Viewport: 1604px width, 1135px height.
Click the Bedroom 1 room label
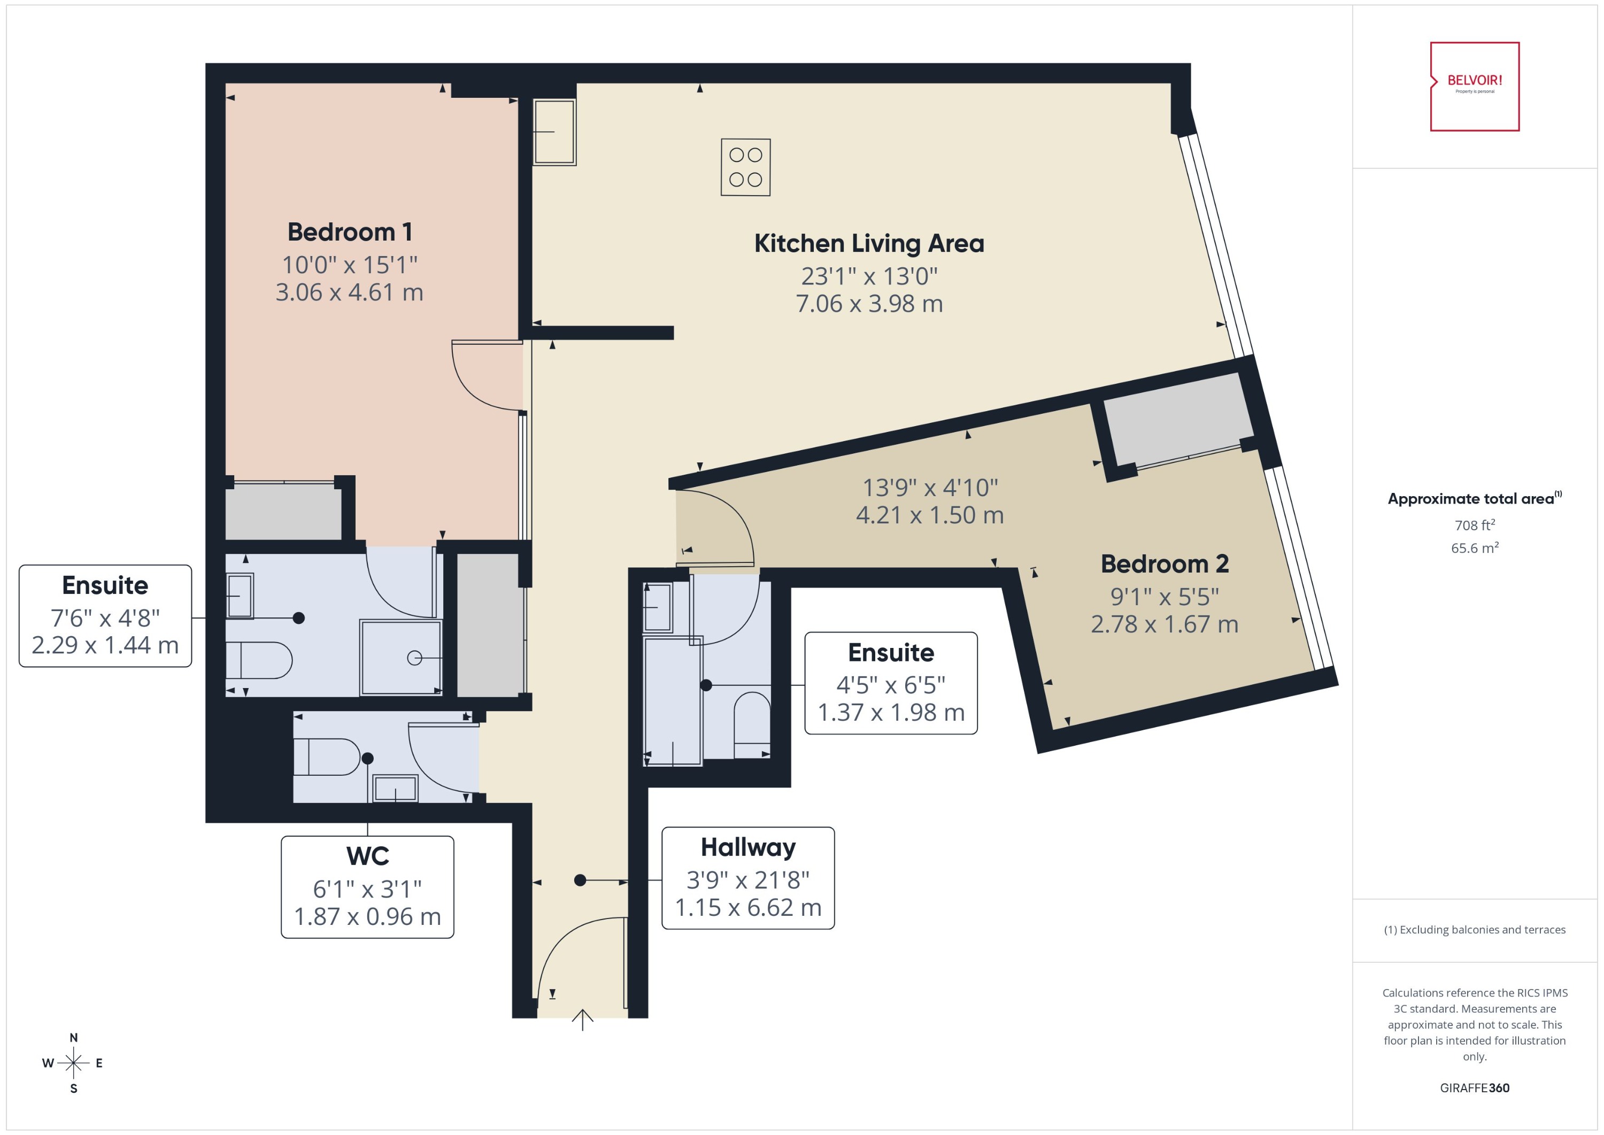click(x=350, y=232)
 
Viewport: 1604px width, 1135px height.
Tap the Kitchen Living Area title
click(x=869, y=243)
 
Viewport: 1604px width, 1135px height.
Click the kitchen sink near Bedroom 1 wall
click(x=554, y=132)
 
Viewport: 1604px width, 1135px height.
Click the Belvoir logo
click(x=1474, y=86)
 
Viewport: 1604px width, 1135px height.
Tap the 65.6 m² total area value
click(x=1474, y=548)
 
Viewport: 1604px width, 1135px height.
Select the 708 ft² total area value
click(x=1474, y=525)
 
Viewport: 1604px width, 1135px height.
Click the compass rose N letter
click(x=73, y=1038)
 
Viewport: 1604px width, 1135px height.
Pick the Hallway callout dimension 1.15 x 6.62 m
click(x=748, y=907)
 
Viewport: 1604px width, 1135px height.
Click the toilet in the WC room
click(x=326, y=757)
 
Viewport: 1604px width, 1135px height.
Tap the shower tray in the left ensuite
click(x=400, y=657)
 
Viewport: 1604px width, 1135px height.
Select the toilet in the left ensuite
click(x=259, y=660)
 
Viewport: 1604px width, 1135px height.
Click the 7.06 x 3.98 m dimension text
click(x=869, y=303)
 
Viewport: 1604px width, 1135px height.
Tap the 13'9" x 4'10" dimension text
click(x=930, y=487)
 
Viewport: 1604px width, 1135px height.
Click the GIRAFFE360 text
click(x=1474, y=1087)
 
